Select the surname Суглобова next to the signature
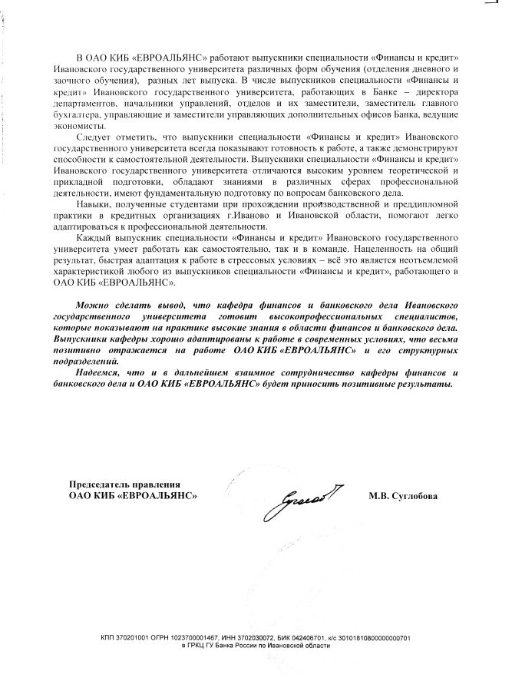(x=413, y=496)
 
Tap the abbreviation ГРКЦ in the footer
(x=194, y=646)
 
